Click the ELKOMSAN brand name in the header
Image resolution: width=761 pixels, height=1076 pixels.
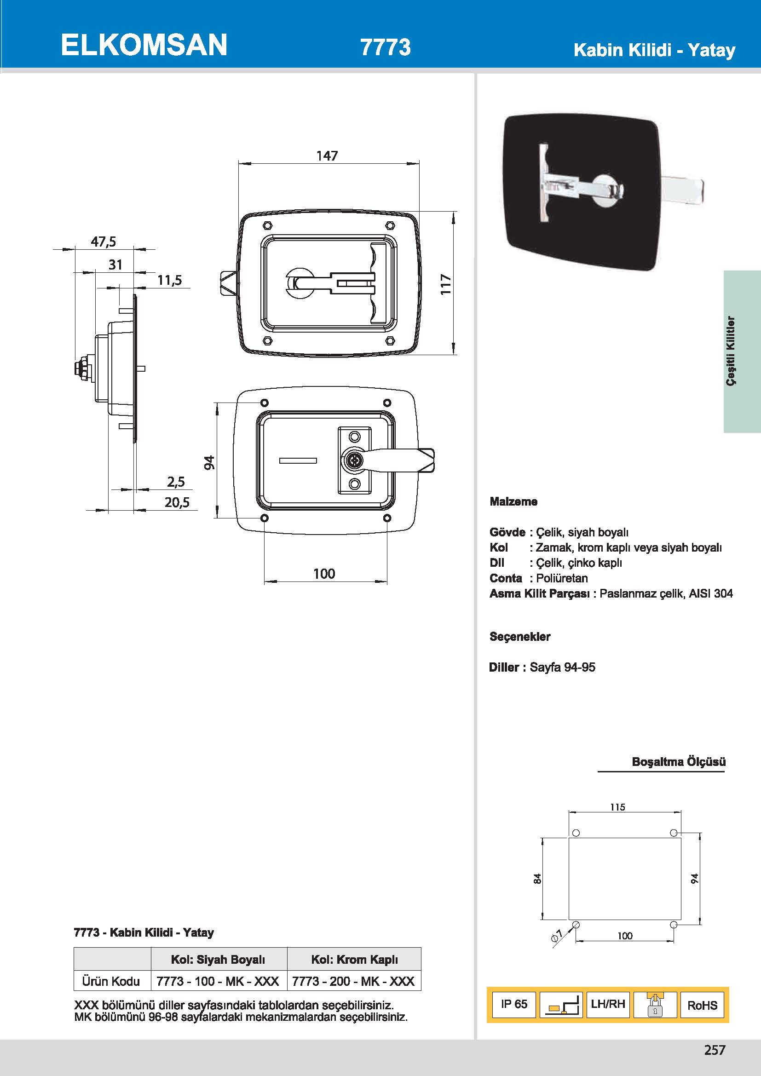144,45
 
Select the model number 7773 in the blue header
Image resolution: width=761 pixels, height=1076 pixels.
385,47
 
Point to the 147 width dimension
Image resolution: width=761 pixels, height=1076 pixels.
327,155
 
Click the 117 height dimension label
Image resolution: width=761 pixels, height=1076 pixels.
446,284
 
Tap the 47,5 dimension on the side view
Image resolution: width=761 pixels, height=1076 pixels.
104,242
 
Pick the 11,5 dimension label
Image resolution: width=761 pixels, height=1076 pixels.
169,280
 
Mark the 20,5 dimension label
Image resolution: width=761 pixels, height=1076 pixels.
177,502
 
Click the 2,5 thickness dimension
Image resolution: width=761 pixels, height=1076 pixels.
176,482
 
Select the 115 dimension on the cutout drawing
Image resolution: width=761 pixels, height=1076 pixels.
617,807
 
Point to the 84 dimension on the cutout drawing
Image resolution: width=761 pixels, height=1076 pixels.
537,879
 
